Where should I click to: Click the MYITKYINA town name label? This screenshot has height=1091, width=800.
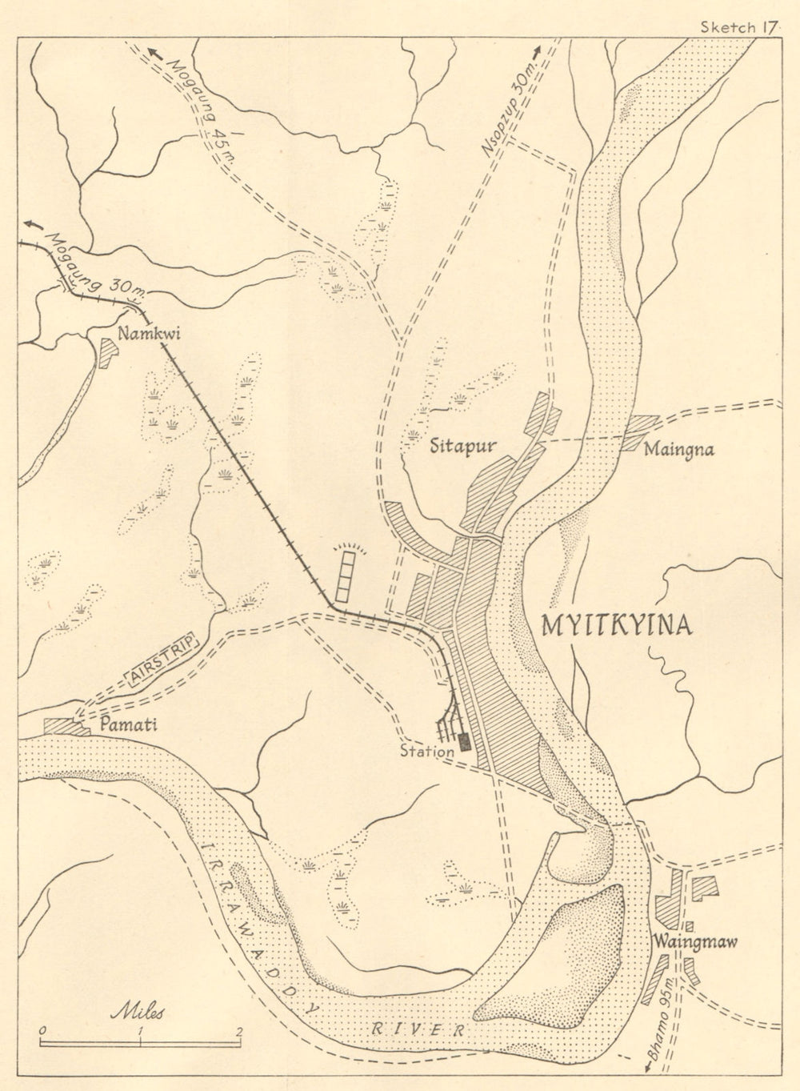(x=616, y=625)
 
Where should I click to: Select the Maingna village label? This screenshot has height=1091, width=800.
(x=678, y=449)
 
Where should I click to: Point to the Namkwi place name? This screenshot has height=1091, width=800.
(x=149, y=334)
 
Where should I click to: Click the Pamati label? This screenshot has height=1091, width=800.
(x=129, y=724)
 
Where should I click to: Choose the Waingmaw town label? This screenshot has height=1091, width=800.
(x=694, y=941)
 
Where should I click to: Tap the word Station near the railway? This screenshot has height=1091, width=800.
(x=427, y=752)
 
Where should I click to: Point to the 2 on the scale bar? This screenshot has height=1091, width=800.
(x=238, y=1030)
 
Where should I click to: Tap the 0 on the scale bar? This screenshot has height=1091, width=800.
(x=42, y=1030)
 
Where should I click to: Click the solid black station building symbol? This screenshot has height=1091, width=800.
(x=464, y=741)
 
